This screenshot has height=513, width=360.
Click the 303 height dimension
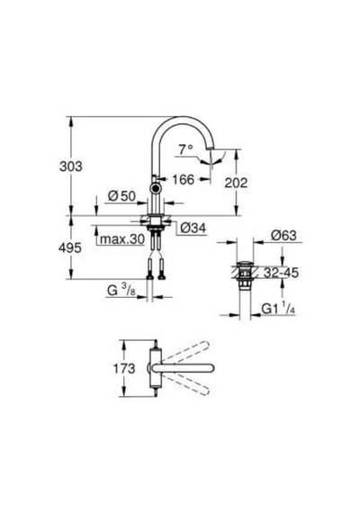pyautogui.click(x=71, y=166)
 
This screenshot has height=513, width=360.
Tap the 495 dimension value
pyautogui.click(x=70, y=248)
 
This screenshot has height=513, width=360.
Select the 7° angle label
pyautogui.click(x=185, y=149)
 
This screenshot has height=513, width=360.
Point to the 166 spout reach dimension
pyautogui.click(x=184, y=179)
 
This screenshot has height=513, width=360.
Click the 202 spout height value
pyautogui.click(x=236, y=183)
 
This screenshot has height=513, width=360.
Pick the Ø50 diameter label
pyautogui.click(x=121, y=196)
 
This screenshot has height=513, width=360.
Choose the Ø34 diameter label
pyautogui.click(x=193, y=228)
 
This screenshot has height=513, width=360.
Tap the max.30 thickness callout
pyautogui.click(x=122, y=239)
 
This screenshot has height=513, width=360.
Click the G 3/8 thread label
pyautogui.click(x=121, y=290)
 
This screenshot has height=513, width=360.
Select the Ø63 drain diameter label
pyautogui.click(x=283, y=235)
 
